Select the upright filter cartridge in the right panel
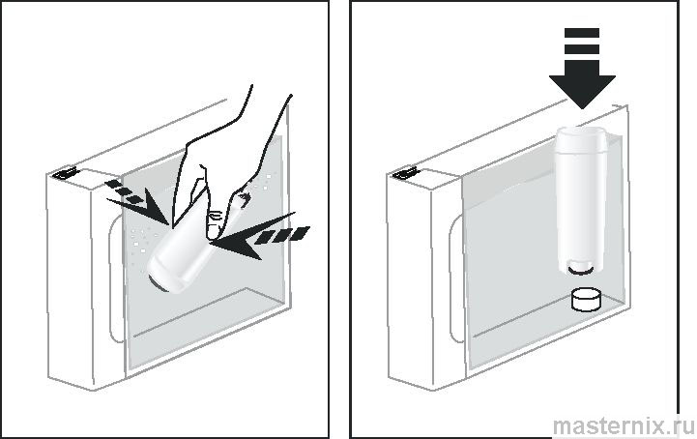pos(582,200)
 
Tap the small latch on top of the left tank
pos(66,172)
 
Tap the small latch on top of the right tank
pos(404,172)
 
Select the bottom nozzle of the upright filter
pos(581,268)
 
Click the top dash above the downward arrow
pos(582,33)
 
